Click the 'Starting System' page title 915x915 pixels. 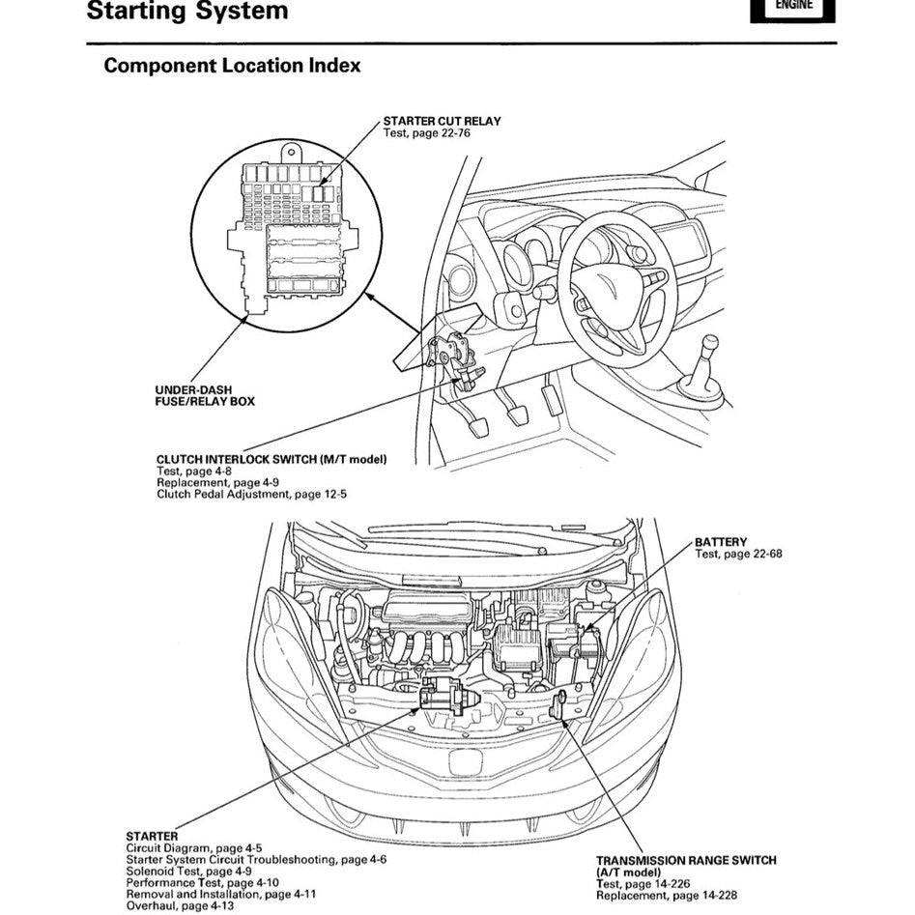186,13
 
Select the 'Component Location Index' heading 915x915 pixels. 232,66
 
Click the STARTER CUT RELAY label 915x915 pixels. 442,121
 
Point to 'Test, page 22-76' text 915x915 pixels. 427,132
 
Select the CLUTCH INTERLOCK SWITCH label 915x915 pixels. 271,460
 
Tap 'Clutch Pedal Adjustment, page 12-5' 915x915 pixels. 251,494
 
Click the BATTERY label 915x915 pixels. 721,542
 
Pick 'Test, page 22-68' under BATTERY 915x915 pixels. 737,554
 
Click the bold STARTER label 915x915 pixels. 152,836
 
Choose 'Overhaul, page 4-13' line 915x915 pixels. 185,905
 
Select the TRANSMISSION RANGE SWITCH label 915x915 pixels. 685,860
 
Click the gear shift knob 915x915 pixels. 710,346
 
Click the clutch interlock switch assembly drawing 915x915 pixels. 455,355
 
